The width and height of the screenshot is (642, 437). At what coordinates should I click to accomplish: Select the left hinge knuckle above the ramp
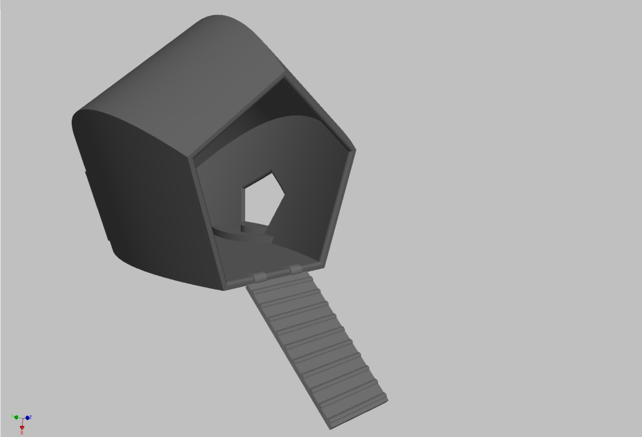(260, 277)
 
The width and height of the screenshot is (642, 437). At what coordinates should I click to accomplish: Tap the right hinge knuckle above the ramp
(295, 269)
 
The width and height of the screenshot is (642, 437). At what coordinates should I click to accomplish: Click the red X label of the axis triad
(21, 433)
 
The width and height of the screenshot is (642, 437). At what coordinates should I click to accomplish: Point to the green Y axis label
(12, 416)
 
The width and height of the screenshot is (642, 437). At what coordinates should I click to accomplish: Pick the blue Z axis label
(30, 417)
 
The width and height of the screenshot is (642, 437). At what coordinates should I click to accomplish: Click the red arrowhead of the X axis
(22, 428)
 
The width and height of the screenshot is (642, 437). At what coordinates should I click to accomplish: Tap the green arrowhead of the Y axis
(16, 417)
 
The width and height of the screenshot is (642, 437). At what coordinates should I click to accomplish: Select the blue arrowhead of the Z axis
(27, 418)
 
